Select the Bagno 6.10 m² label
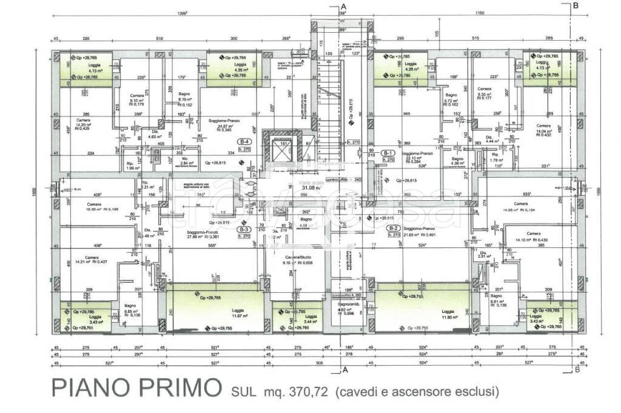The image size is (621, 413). pyautogui.click(x=185, y=98)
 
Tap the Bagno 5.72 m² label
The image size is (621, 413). pyautogui.click(x=450, y=99)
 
